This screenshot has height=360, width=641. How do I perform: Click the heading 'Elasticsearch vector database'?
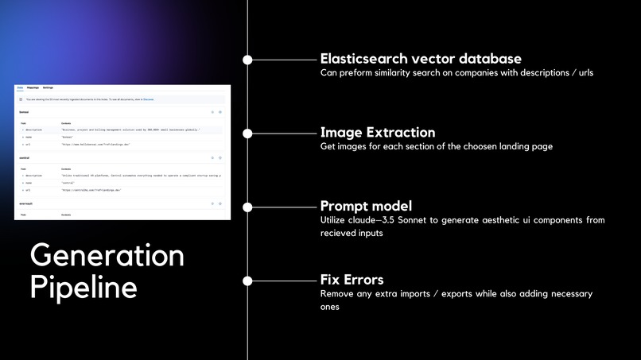[x=421, y=59]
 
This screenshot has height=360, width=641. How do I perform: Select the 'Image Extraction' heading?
[x=377, y=132]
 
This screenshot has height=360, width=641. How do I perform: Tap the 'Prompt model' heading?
[x=366, y=206]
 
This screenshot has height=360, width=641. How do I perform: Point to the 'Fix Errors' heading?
[x=352, y=280]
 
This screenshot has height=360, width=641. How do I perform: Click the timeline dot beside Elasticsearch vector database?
[x=247, y=60]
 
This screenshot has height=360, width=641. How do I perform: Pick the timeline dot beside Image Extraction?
[x=247, y=133]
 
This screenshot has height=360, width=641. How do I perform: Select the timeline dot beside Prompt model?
[x=247, y=207]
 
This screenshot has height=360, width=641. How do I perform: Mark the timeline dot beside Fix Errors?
[x=247, y=281]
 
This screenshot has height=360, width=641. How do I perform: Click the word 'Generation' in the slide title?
[x=107, y=256]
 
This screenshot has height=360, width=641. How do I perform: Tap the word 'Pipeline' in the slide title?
[x=84, y=287]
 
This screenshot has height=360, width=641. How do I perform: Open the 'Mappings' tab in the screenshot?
[x=33, y=87]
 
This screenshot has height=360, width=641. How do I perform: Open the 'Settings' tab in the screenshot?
[x=48, y=87]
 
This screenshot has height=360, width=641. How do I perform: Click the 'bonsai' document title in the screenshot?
[x=25, y=112]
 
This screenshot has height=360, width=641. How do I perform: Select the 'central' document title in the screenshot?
[x=25, y=158]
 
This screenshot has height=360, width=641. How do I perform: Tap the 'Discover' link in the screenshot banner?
[x=148, y=99]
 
